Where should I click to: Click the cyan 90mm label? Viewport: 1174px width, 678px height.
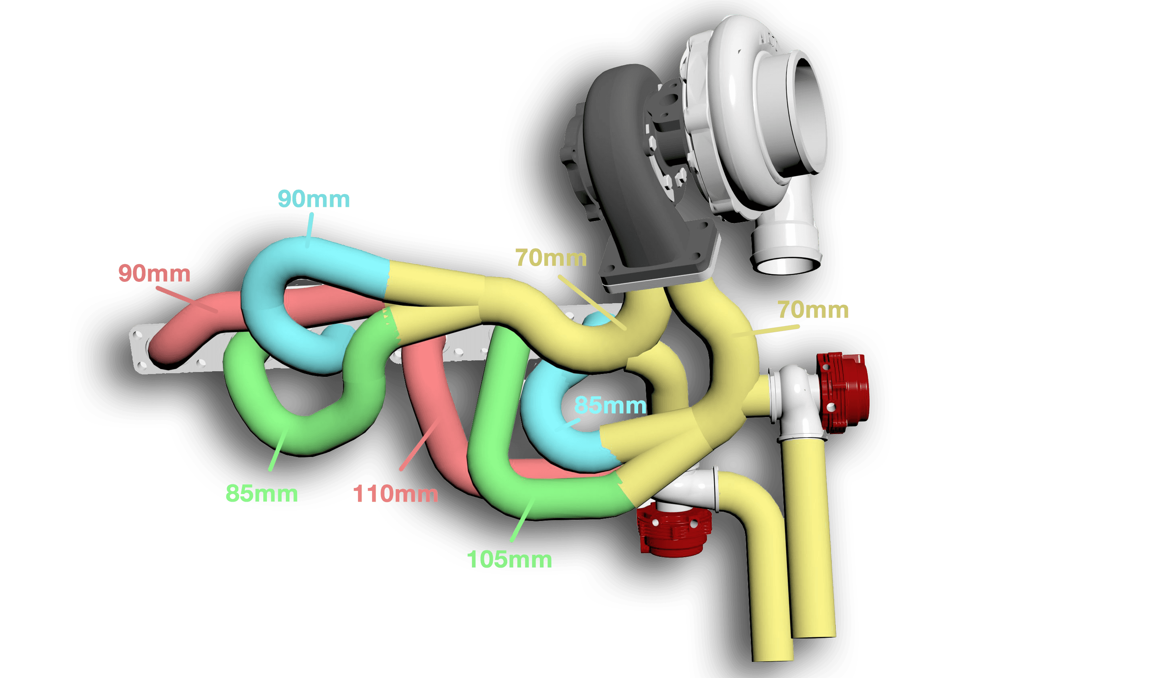[x=313, y=199]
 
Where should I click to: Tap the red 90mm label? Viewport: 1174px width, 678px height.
[x=154, y=273]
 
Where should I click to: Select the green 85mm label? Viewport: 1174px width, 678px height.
[x=262, y=494]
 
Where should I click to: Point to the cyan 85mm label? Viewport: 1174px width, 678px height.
[x=610, y=405]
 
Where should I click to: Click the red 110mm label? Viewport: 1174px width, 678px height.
[x=395, y=494]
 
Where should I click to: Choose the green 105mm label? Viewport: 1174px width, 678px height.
[x=509, y=560]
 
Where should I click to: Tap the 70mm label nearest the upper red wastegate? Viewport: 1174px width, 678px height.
[x=813, y=310]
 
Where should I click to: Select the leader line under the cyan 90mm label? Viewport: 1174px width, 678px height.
[x=310, y=229]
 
